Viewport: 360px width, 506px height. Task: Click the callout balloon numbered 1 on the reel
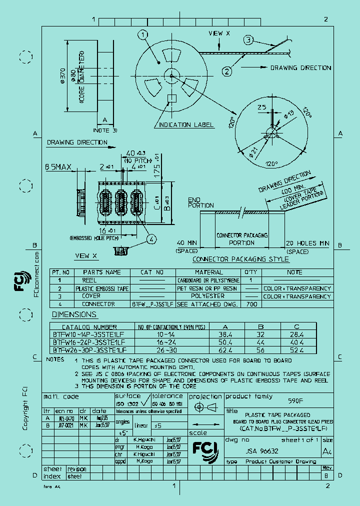143,34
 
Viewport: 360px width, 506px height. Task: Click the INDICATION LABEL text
186,124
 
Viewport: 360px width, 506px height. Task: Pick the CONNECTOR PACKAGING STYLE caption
241,259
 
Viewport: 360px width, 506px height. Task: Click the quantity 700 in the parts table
252,304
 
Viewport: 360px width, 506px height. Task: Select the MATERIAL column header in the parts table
208,272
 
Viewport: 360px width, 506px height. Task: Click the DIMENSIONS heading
74,314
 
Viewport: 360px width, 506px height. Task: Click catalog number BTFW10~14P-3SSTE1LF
89,335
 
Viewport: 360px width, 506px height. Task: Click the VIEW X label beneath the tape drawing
86,255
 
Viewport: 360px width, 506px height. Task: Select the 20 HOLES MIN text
307,243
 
